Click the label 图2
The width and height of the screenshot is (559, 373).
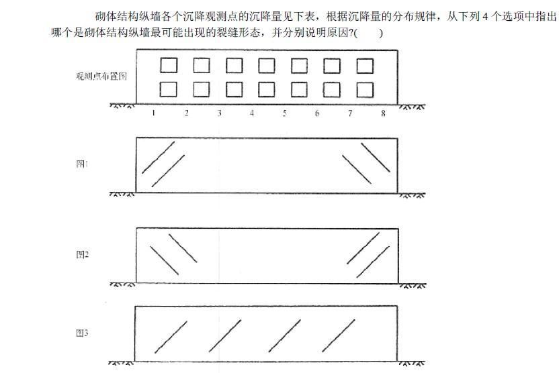coord(82,254)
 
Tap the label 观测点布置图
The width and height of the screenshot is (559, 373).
coord(101,76)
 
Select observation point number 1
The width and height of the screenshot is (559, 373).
coord(154,113)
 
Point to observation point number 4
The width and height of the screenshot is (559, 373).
coord(252,113)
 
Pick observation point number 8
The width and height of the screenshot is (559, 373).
coord(383,113)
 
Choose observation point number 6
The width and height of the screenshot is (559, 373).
coord(317,113)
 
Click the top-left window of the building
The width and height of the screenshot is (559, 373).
coord(169,65)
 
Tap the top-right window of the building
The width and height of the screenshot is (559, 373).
coord(365,65)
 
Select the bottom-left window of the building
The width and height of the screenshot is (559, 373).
coord(169,89)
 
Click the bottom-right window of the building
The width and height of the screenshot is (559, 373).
coord(365,89)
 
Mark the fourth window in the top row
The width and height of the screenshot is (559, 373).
coord(267,65)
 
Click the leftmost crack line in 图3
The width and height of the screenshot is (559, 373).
coord(171,336)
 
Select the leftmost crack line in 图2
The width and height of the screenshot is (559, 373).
coord(164,260)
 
